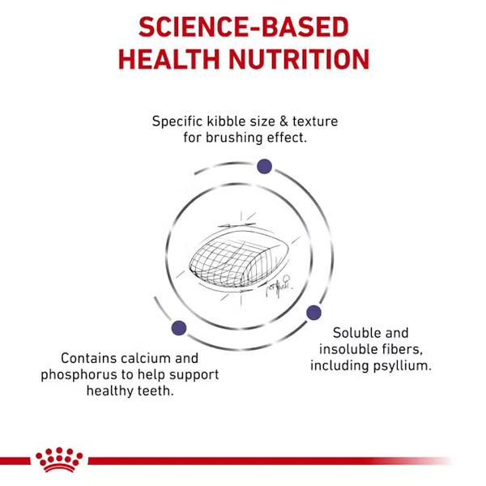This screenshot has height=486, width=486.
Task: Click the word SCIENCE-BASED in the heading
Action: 244,27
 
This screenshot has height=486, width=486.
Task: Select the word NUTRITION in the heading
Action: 299,59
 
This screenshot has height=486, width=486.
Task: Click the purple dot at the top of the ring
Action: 264,166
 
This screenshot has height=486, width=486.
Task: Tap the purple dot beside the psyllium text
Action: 313,313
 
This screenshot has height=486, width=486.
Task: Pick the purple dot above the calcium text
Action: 179,328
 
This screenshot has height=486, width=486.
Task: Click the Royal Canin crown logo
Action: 59,459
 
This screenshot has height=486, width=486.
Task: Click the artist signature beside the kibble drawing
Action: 278,287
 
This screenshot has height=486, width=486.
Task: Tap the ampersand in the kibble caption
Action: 283,122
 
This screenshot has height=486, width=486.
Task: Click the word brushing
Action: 234,138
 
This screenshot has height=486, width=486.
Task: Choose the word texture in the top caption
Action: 315,122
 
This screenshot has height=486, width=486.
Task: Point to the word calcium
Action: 146,358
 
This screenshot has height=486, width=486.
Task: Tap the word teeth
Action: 155,391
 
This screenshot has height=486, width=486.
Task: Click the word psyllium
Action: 403,366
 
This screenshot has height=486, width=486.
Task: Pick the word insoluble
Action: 348,349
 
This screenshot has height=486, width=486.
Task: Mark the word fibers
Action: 402,349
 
